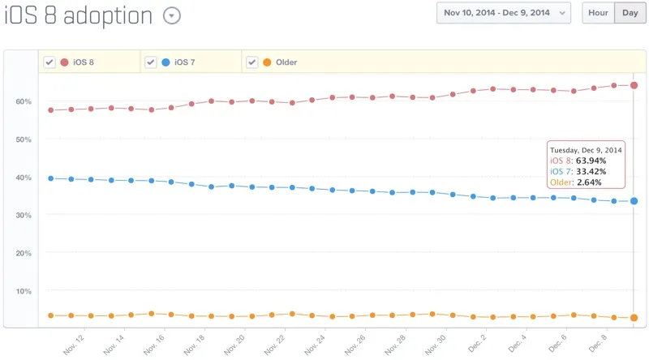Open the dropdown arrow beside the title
(172, 15)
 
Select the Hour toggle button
(598, 13)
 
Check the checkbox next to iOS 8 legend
(49, 62)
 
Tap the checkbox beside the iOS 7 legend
(150, 62)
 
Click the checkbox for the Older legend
(251, 62)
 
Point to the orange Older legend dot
(267, 62)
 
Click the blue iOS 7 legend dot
(165, 62)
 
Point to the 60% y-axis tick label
(23, 101)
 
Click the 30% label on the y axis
(23, 215)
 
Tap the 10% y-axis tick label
(23, 290)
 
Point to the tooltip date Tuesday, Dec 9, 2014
(587, 150)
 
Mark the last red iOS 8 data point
(634, 85)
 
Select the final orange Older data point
(634, 318)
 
